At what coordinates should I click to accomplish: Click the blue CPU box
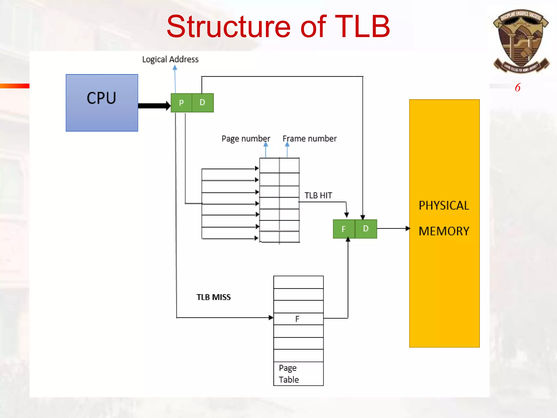[x=102, y=103]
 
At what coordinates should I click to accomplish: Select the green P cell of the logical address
[x=181, y=103]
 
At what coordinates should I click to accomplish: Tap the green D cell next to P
[x=203, y=103]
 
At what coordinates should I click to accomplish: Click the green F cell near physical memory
[x=344, y=229]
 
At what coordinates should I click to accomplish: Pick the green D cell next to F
[x=366, y=229]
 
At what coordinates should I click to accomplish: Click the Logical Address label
[x=170, y=59]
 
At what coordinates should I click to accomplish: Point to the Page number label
[x=246, y=139]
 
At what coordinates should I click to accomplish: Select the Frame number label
[x=310, y=139]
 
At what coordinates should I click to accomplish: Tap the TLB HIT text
[x=318, y=195]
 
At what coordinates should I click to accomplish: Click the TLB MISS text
[x=213, y=297]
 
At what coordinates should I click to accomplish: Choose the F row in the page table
[x=298, y=319]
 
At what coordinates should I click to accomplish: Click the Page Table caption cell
[x=298, y=374]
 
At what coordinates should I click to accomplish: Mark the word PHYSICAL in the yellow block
[x=444, y=206]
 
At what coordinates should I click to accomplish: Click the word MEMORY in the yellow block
[x=444, y=231]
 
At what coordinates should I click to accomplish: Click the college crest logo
[x=521, y=41]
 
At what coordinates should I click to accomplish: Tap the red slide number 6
[x=518, y=88]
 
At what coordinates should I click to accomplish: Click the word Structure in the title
[x=229, y=27]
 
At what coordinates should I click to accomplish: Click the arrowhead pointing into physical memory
[x=408, y=228]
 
